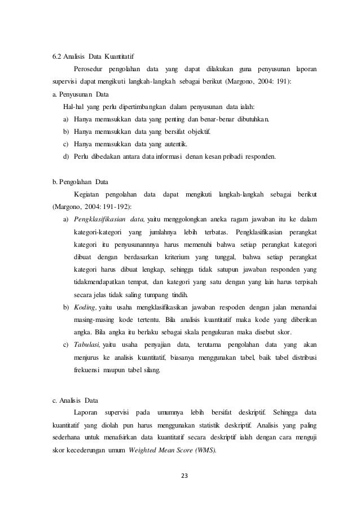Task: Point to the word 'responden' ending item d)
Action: (260, 156)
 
